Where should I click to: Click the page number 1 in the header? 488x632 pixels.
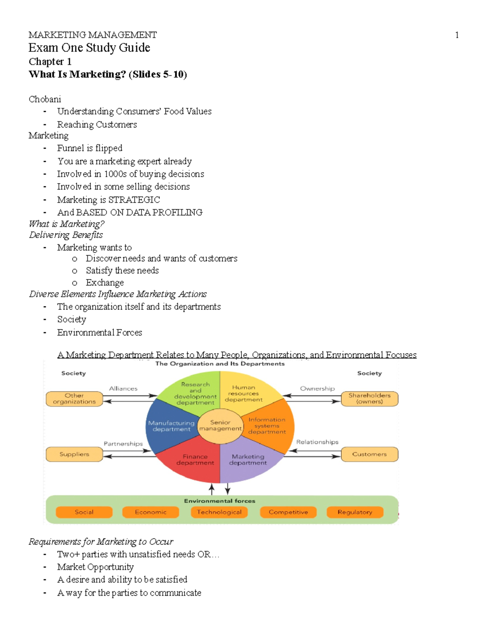457,35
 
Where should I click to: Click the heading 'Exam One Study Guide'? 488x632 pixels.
89,48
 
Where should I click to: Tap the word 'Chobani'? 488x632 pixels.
45,99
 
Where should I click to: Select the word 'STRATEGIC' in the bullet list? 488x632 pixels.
134,200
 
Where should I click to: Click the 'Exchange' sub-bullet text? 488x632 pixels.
105,283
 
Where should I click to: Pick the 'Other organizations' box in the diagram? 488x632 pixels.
74,399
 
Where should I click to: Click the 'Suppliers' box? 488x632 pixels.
74,454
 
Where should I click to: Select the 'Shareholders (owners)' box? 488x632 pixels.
369,399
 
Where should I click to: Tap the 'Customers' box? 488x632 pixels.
369,454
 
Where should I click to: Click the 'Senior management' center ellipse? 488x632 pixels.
220,426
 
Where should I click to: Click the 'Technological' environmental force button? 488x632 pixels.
219,512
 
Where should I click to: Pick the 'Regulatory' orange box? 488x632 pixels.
355,512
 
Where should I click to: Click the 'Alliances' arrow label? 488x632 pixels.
123,389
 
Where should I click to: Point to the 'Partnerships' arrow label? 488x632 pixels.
123,444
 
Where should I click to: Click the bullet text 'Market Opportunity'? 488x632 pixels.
95,567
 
